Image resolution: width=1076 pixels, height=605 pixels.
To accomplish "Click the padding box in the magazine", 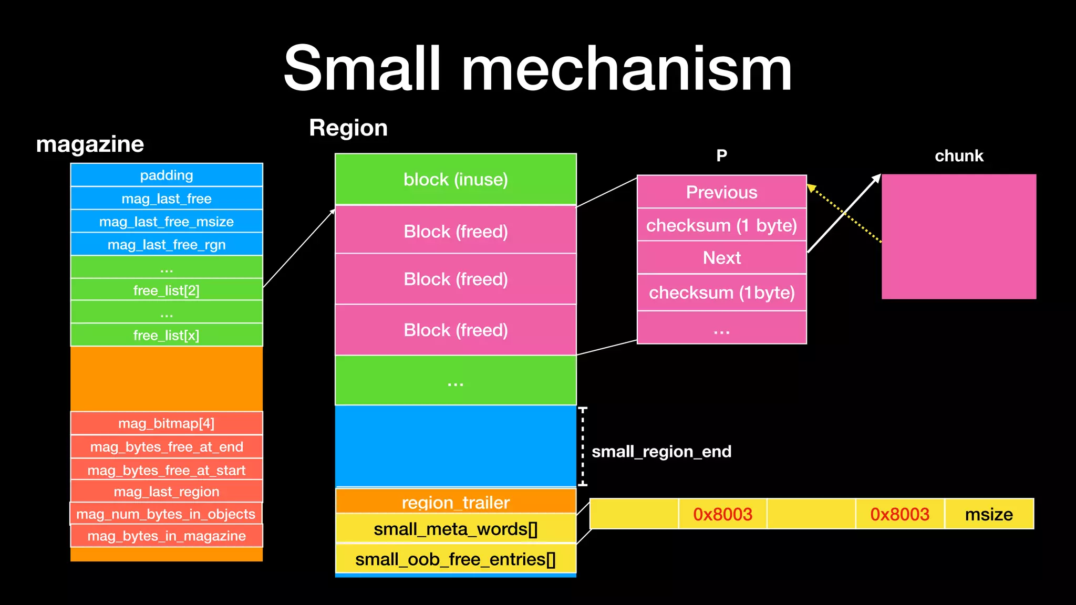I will (167, 175).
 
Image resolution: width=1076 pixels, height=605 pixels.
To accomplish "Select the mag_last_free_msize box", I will (167, 222).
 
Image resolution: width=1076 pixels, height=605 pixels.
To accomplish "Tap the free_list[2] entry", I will (167, 290).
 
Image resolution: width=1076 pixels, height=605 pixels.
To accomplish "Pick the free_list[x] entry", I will (167, 335).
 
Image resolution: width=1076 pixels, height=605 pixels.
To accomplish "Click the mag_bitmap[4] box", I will (167, 423).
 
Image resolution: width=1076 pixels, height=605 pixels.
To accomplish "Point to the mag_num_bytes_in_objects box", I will (166, 514).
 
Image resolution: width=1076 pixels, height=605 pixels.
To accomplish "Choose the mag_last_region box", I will (167, 492).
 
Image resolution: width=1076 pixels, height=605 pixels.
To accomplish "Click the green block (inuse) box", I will (456, 179).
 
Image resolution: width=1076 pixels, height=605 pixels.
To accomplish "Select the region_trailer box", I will (456, 502).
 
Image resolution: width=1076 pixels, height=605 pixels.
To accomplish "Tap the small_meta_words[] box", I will (456, 529).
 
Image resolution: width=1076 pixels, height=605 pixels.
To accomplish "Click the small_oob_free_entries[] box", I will (456, 559).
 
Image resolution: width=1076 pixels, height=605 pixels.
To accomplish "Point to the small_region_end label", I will (661, 452).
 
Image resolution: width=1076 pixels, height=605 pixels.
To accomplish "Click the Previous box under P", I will (721, 192).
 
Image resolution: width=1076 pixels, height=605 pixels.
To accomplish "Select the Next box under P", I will (721, 258).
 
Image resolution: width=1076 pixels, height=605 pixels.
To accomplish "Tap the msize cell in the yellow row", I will (989, 514).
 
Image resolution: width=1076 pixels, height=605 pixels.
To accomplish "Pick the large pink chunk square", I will (959, 237).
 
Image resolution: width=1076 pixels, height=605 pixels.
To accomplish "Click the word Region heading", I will (348, 128).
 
